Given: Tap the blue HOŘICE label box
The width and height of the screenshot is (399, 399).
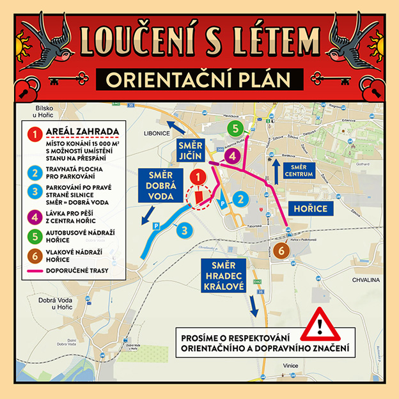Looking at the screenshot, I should pos(310,208).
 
